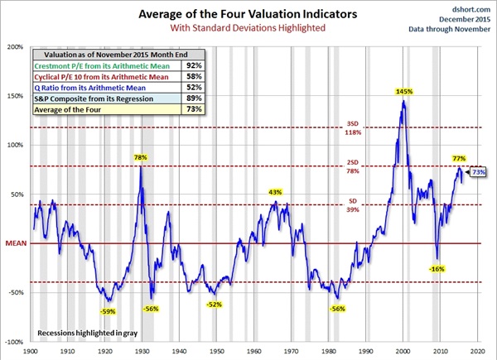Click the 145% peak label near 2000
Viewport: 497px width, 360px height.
point(405,91)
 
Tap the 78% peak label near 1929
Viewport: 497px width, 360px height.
point(141,157)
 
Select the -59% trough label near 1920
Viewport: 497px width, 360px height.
point(108,311)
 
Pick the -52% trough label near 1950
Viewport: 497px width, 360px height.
point(215,305)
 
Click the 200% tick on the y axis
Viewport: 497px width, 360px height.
point(15,46)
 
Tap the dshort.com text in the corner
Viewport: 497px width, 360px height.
point(468,9)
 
